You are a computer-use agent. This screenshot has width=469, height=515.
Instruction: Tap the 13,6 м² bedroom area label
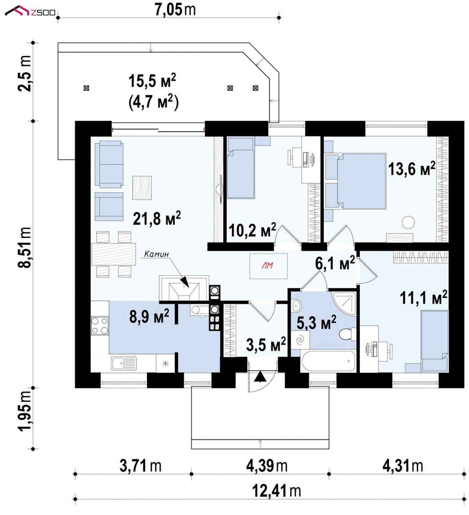pyautogui.click(x=412, y=169)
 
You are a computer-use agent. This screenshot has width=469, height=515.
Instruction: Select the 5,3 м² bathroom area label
pyautogui.click(x=316, y=322)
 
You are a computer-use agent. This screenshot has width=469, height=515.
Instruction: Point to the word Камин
pyautogui.click(x=156, y=254)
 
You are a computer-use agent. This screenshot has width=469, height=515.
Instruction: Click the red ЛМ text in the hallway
pyautogui.click(x=267, y=266)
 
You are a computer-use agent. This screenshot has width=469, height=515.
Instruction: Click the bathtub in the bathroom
pyautogui.click(x=328, y=361)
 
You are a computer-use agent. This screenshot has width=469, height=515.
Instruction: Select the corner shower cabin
pyautogui.click(x=344, y=303)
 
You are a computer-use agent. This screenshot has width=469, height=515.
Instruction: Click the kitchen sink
pyautogui.click(x=124, y=364)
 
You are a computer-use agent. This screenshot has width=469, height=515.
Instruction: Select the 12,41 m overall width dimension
pyautogui.click(x=276, y=491)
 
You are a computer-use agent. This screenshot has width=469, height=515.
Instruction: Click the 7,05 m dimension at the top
pyautogui.click(x=175, y=9)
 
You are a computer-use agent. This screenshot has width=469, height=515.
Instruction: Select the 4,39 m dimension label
pyautogui.click(x=267, y=466)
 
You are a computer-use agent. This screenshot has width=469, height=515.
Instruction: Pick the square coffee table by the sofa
pyautogui.click(x=142, y=188)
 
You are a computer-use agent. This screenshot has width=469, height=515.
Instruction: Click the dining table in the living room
pyautogui.click(x=114, y=254)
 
